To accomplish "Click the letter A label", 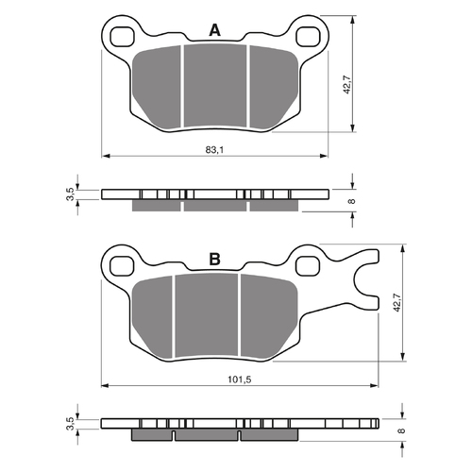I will pyautogui.click(x=214, y=31).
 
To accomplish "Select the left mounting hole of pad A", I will pyautogui.click(x=120, y=37).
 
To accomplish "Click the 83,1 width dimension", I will pyautogui.click(x=215, y=148).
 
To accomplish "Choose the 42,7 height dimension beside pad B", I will pyautogui.click(x=396, y=302).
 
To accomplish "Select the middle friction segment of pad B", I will pyautogui.click(x=207, y=315).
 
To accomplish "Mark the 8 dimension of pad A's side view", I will pyautogui.click(x=352, y=199).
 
